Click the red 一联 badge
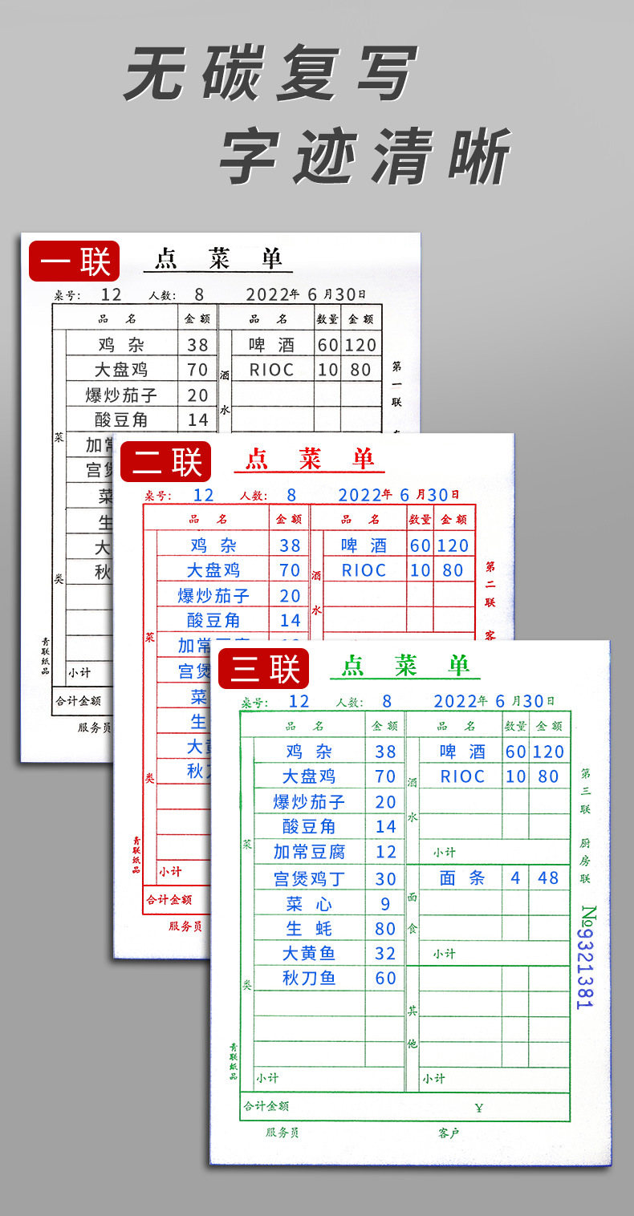[x=74, y=261]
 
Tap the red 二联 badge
[x=166, y=461]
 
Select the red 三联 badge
[x=264, y=668]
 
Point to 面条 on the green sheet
[x=462, y=878]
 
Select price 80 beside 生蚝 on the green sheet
[x=385, y=928]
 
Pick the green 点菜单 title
[x=405, y=665]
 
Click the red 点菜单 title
[x=310, y=459]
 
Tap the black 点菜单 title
[x=218, y=258]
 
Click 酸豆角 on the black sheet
[x=121, y=419]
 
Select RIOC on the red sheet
[x=364, y=570]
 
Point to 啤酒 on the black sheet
[x=271, y=345]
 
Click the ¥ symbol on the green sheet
[x=479, y=1108]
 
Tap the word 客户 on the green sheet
[x=449, y=1133]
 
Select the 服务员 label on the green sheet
[x=282, y=1133]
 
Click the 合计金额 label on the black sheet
[x=78, y=700]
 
